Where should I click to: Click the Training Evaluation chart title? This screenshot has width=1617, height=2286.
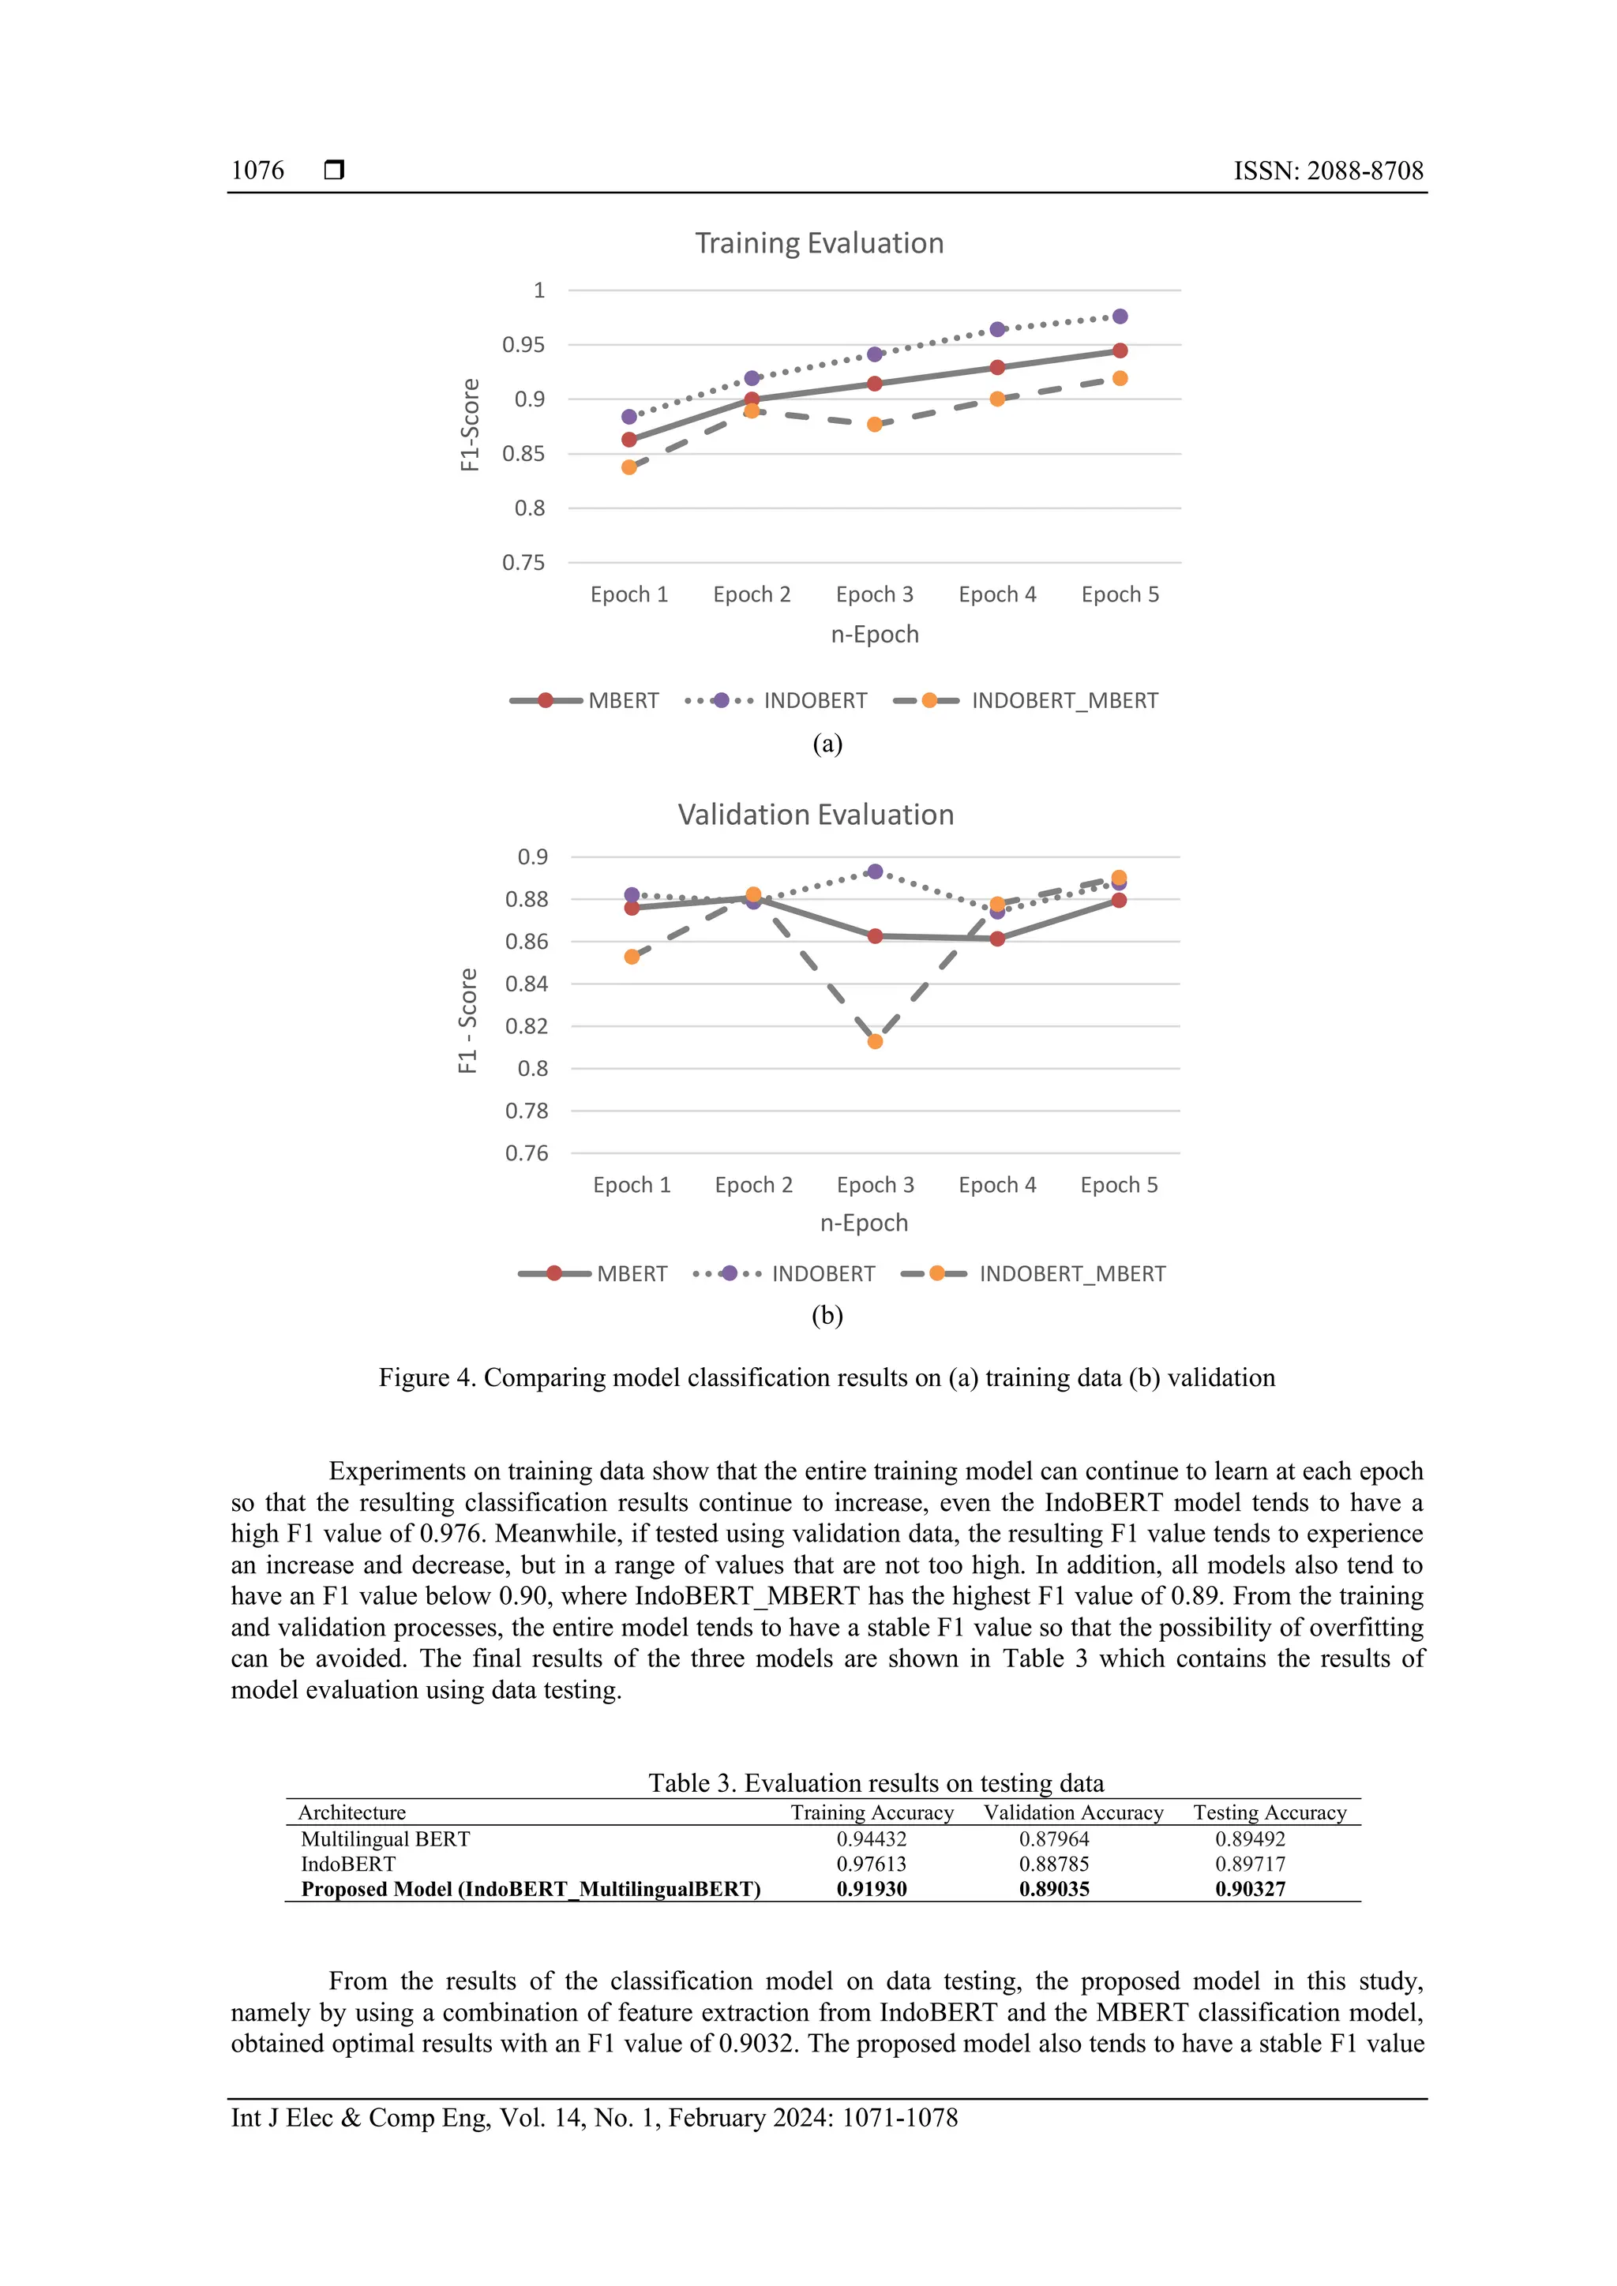click(x=819, y=243)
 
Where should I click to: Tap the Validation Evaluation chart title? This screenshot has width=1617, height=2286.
click(x=816, y=815)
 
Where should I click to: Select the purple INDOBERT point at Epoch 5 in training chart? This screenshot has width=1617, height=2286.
click(x=1120, y=317)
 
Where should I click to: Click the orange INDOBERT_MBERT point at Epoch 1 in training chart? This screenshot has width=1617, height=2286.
click(x=629, y=467)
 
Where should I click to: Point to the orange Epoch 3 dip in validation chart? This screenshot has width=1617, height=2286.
click(x=875, y=1041)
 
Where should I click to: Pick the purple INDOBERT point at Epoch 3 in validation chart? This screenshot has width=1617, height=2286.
click(x=875, y=872)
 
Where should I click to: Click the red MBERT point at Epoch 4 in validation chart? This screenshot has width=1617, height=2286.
click(x=998, y=938)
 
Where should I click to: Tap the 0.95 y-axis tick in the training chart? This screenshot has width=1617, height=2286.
click(x=523, y=344)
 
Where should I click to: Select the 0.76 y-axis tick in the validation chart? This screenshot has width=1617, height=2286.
click(x=527, y=1153)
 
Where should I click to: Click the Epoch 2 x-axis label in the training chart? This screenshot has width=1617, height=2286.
click(x=752, y=594)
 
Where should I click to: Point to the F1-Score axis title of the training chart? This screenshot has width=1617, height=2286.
click(x=470, y=425)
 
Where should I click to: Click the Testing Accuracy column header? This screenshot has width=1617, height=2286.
click(x=1270, y=1812)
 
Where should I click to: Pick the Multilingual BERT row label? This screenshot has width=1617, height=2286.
click(x=385, y=1839)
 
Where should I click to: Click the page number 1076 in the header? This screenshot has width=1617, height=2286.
click(x=257, y=171)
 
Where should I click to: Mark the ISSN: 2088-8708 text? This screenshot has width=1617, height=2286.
click(x=1328, y=171)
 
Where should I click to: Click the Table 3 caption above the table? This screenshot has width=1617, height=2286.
click(x=876, y=1782)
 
